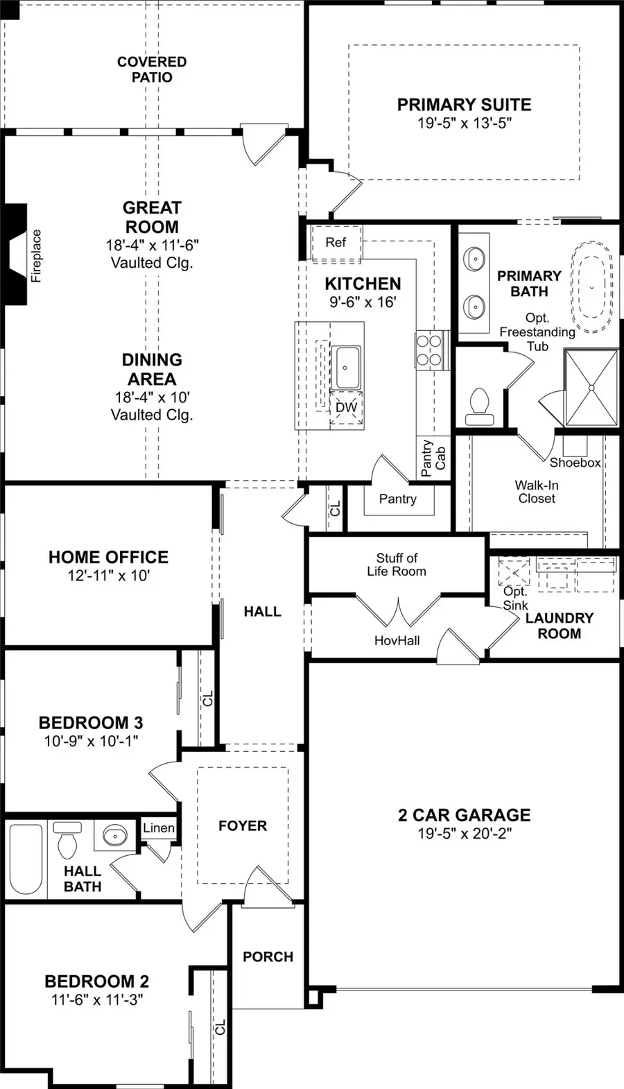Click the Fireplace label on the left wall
click(x=37, y=256)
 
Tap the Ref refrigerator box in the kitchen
click(x=336, y=243)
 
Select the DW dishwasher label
click(x=346, y=407)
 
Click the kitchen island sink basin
click(x=347, y=367)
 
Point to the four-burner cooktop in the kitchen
click(x=428, y=350)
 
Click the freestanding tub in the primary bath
click(x=592, y=287)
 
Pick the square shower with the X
click(x=591, y=387)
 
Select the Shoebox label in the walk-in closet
click(x=575, y=462)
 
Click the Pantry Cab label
click(x=433, y=457)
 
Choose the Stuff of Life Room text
click(x=397, y=565)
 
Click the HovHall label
click(x=397, y=641)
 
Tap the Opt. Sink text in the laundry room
click(x=515, y=598)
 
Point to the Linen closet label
click(x=159, y=828)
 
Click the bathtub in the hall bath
click(x=26, y=858)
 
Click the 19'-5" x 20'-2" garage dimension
click(x=464, y=834)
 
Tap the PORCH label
click(x=268, y=957)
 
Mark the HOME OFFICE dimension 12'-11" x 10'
click(x=108, y=576)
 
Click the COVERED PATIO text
click(x=152, y=69)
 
